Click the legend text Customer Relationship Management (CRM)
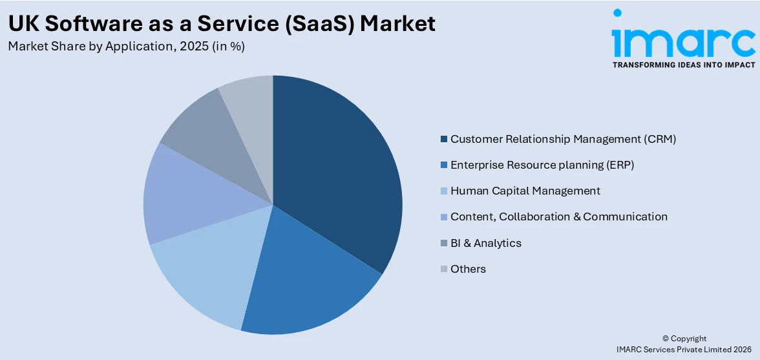point(563,139)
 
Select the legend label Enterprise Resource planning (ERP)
point(542,165)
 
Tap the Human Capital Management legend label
point(525,191)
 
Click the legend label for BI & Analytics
point(486,243)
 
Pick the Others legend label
point(468,269)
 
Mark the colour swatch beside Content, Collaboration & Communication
point(443,217)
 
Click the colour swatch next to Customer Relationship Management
point(443,140)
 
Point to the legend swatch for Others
point(443,270)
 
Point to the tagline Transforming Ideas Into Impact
point(683,65)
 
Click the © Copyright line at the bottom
point(684,339)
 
